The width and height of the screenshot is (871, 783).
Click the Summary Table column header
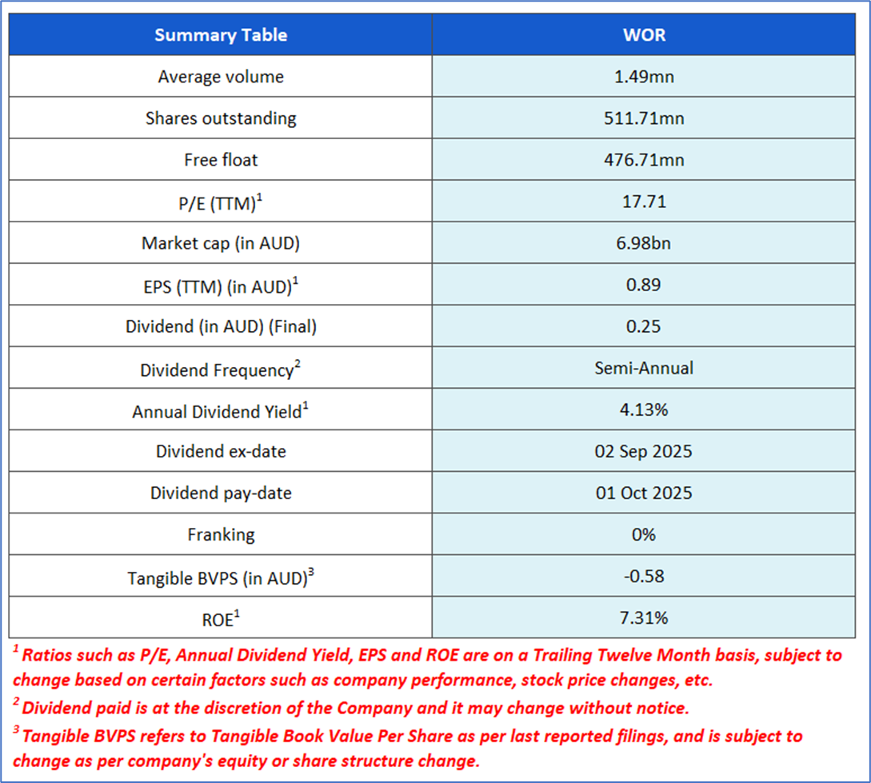pyautogui.click(x=221, y=35)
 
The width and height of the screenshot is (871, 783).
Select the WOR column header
pyautogui.click(x=644, y=35)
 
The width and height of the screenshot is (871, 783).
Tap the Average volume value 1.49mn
pyautogui.click(x=644, y=77)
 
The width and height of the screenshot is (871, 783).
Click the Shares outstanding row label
pyautogui.click(x=221, y=118)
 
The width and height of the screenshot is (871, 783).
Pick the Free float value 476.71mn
pyautogui.click(x=644, y=160)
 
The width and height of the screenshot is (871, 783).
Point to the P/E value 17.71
pyautogui.click(x=644, y=202)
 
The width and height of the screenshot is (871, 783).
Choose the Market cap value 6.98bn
pyautogui.click(x=644, y=243)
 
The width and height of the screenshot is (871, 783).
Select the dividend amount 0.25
pyautogui.click(x=644, y=326)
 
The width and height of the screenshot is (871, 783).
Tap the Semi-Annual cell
pyautogui.click(x=644, y=368)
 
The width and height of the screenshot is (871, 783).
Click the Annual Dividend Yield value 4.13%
pyautogui.click(x=644, y=409)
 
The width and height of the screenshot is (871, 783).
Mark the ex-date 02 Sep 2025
pyautogui.click(x=644, y=451)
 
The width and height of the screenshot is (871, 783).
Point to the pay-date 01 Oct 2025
pyautogui.click(x=644, y=493)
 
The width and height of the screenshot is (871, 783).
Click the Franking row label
pyautogui.click(x=221, y=534)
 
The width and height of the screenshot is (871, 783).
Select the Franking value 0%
pyautogui.click(x=644, y=534)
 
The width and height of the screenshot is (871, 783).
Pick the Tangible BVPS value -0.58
pyautogui.click(x=644, y=576)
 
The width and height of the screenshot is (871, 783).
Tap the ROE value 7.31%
pyautogui.click(x=644, y=617)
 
